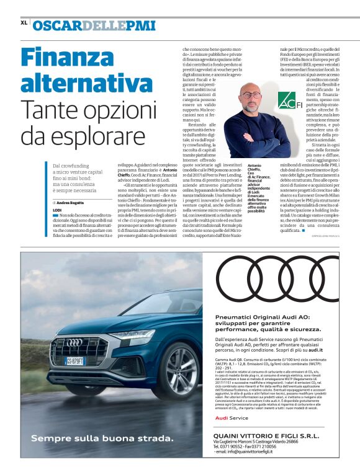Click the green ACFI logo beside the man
tap(285, 99)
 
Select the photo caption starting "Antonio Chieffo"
tap(261, 189)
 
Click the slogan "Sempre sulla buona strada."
tap(102, 438)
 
